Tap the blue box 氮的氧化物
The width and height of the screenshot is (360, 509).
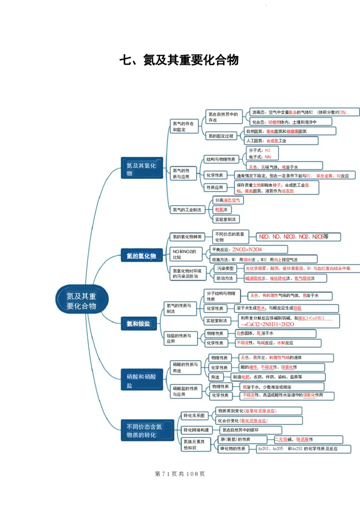141,256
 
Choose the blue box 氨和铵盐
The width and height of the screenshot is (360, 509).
139,323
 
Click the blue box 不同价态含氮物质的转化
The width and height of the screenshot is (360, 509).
144,431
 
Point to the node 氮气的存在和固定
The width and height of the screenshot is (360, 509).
184,126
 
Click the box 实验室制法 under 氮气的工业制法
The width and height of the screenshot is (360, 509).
226,220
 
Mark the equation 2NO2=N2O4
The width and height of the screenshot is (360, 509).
248,249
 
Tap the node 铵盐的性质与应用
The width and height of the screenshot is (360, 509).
180,338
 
